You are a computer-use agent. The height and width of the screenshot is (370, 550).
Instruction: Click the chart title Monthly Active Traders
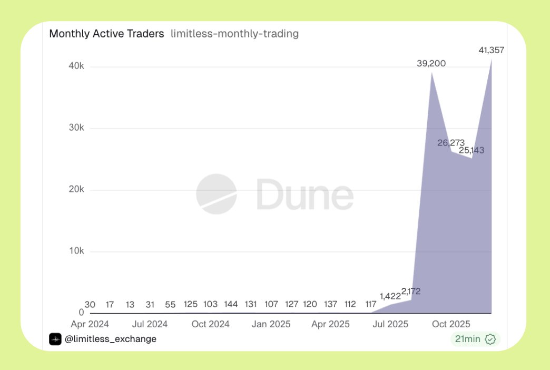click(106, 34)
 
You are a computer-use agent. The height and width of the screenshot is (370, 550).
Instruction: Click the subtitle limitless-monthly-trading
click(234, 34)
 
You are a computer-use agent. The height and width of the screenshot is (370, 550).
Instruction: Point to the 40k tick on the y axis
click(76, 66)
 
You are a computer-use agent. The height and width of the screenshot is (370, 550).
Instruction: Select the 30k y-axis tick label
click(76, 128)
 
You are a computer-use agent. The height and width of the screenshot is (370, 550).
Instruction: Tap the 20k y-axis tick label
click(76, 190)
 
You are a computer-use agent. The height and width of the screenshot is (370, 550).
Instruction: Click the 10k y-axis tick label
click(76, 251)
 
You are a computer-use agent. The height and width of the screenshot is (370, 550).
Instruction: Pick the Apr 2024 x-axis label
click(90, 324)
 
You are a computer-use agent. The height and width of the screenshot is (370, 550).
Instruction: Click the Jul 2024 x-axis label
click(150, 324)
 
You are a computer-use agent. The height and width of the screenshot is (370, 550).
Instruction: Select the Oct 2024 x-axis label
click(211, 324)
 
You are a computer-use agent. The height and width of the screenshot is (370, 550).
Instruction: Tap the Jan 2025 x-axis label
click(271, 324)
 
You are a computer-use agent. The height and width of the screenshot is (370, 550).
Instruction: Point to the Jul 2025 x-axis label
click(390, 324)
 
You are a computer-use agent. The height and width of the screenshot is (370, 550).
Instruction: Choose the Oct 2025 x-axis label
click(451, 324)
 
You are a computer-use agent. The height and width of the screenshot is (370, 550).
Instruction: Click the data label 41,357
click(491, 51)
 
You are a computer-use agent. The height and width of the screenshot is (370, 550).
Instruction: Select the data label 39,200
click(431, 64)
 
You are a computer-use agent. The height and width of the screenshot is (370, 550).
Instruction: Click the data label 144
click(231, 305)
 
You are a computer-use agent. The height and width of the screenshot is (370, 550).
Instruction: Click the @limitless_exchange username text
click(110, 339)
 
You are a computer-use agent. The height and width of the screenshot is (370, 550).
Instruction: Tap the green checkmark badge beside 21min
click(490, 339)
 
